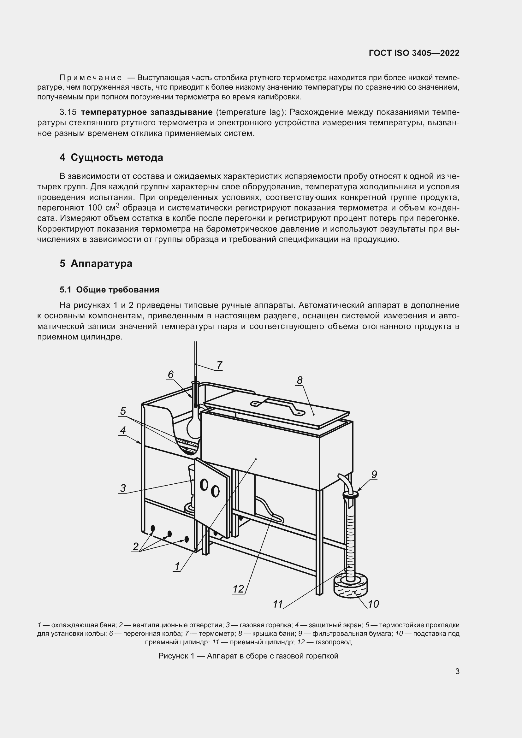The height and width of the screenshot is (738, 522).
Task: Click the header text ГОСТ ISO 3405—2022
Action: (x=414, y=53)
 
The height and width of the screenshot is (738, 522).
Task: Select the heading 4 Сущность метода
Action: (x=111, y=157)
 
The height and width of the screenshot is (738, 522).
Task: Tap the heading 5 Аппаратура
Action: (x=96, y=263)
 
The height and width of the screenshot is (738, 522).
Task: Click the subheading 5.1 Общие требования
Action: (x=109, y=290)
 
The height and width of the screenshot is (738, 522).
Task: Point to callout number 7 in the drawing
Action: (x=219, y=365)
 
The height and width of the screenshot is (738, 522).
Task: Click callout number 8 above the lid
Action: (x=299, y=381)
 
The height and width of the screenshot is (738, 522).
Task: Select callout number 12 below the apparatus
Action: (x=238, y=589)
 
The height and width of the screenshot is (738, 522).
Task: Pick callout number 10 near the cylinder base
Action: (x=373, y=604)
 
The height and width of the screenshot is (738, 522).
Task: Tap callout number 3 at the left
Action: (x=123, y=488)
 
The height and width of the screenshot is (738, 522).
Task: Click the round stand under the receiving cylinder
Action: (x=351, y=587)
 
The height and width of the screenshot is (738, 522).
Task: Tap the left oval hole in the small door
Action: (x=204, y=485)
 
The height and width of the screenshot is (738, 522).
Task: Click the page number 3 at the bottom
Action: (x=457, y=671)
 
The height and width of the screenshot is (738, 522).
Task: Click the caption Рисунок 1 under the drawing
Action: (x=248, y=656)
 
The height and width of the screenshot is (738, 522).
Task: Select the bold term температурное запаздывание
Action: (x=146, y=112)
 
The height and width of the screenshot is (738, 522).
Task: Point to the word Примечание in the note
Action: (x=91, y=78)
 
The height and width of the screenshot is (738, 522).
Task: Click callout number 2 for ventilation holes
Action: (x=135, y=546)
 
